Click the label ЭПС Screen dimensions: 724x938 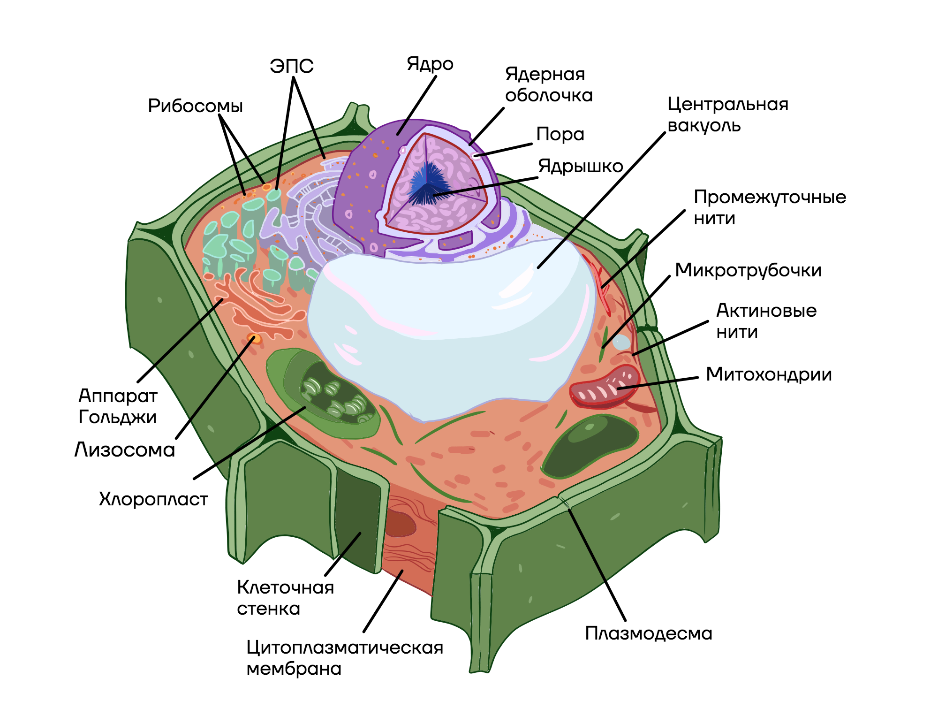(x=291, y=66)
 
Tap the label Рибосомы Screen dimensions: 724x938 (x=195, y=106)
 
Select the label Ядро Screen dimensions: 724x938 (x=430, y=64)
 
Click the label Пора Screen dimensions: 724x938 (x=560, y=134)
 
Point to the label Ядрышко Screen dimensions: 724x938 (x=580, y=166)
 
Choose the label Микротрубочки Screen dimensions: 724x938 (x=748, y=270)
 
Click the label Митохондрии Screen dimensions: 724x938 (x=769, y=374)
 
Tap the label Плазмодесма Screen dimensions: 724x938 (x=648, y=633)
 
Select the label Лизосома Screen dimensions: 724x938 (x=125, y=450)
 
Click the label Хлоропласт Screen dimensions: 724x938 (x=153, y=499)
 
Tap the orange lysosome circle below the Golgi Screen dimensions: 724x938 (x=255, y=339)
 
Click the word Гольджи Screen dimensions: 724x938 (x=117, y=417)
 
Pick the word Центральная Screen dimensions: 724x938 (x=727, y=104)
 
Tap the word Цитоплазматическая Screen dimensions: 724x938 (x=345, y=648)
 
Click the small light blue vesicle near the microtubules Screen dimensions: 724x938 (x=621, y=342)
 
